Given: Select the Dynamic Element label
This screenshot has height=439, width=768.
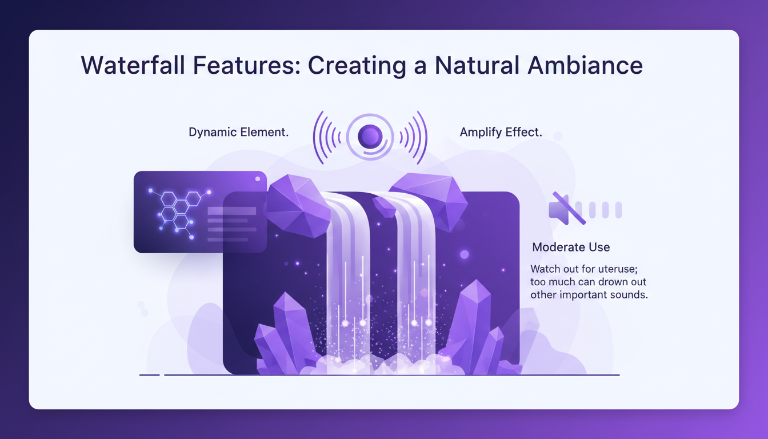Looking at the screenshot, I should (x=238, y=133).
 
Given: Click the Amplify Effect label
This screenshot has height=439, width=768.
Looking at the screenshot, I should (x=501, y=133).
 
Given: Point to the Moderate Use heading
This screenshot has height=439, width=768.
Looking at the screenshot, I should (x=571, y=248).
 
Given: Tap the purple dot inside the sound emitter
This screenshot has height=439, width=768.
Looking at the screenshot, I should (x=370, y=136).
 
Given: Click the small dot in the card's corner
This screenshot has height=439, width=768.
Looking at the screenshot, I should (x=258, y=179).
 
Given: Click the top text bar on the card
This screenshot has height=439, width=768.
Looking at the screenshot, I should (x=231, y=211).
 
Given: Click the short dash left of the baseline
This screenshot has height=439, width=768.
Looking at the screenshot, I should (x=149, y=375).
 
